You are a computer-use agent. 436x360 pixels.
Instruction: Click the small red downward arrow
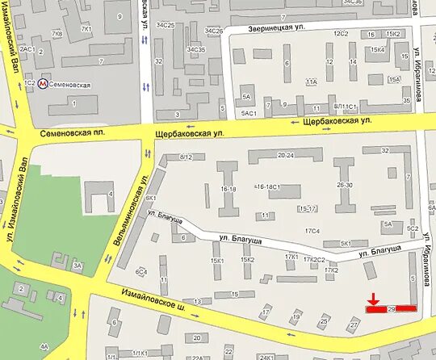374,298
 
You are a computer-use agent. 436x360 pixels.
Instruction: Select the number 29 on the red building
392,308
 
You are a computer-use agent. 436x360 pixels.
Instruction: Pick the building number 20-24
285,155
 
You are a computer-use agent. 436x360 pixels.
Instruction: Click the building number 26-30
346,185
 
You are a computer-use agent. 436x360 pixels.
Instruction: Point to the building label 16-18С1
266,186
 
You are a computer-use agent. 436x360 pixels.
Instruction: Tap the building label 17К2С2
314,260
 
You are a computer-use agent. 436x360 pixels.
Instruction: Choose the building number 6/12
187,156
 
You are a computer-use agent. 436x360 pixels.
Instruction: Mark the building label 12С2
342,33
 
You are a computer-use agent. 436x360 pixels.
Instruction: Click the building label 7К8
57,35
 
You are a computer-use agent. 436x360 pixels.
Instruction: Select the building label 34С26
213,31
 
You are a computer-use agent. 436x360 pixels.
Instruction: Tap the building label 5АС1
249,113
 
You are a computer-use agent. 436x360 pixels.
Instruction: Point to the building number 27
353,324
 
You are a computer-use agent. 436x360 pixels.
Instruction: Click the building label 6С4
141,272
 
